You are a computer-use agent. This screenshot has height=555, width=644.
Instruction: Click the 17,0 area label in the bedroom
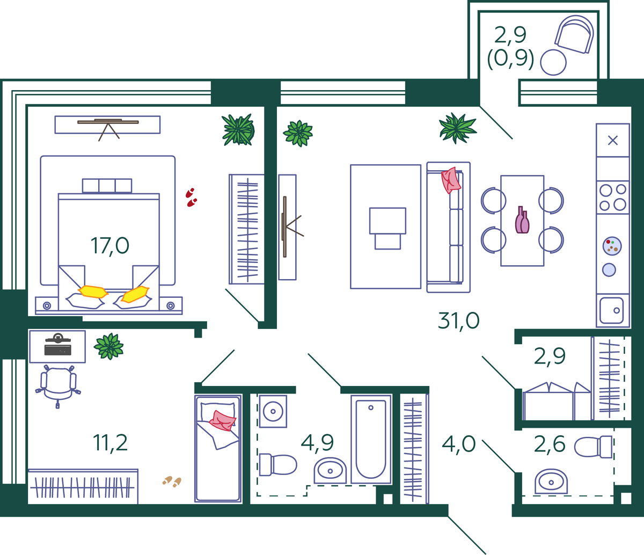(x=110, y=246)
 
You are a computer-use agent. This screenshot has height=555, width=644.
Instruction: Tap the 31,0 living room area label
(x=458, y=320)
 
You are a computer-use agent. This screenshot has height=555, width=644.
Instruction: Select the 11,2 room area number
(x=110, y=443)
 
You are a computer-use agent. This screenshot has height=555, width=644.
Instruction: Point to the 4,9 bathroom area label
(x=317, y=443)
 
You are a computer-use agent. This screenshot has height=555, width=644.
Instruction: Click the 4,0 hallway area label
(x=459, y=444)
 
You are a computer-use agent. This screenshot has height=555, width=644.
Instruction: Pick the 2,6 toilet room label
(x=550, y=444)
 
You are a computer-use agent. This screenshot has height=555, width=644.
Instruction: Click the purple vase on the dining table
(x=522, y=221)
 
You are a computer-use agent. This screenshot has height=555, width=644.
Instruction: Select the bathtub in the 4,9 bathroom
(x=371, y=439)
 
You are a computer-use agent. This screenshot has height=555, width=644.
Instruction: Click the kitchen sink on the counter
(x=612, y=310)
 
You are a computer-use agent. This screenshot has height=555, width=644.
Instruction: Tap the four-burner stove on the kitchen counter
(x=612, y=197)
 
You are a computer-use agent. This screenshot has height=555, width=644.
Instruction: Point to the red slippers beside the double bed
(x=191, y=198)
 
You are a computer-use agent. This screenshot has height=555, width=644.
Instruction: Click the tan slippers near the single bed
(x=172, y=481)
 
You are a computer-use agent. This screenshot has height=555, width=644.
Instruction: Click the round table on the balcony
(x=553, y=62)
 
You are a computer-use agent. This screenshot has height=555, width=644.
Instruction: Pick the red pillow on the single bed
(x=223, y=420)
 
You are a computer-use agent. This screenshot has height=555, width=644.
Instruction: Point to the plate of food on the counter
(x=612, y=246)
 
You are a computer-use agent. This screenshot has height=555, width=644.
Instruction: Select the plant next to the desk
(x=109, y=346)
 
